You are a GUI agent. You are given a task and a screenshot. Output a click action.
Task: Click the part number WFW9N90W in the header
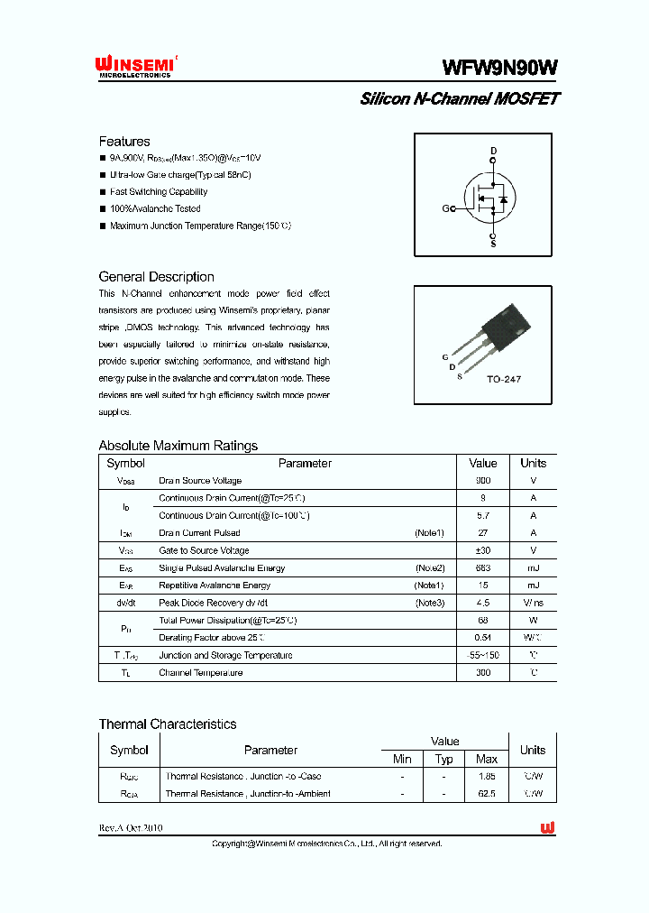click(x=499, y=68)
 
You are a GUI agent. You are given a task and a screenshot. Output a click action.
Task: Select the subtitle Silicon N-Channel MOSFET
click(x=459, y=99)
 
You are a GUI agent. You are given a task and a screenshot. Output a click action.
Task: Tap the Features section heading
click(x=124, y=142)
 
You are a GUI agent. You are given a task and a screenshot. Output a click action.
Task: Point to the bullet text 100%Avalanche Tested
click(x=155, y=208)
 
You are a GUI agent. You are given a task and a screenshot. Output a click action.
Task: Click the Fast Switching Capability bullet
click(x=159, y=192)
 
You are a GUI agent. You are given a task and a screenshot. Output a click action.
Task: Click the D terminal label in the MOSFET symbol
click(x=493, y=151)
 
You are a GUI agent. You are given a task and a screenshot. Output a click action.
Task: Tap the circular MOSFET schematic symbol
click(x=488, y=198)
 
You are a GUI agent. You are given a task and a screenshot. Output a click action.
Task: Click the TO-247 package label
click(x=503, y=379)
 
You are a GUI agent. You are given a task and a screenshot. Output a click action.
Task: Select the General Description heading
click(x=156, y=277)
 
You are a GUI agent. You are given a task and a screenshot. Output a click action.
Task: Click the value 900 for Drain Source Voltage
click(x=483, y=481)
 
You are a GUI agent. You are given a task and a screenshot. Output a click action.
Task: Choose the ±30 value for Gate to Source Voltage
click(x=483, y=550)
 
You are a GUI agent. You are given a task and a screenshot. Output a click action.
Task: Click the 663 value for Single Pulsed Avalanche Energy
click(x=483, y=568)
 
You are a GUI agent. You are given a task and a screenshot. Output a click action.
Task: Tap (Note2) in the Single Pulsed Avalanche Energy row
click(x=429, y=568)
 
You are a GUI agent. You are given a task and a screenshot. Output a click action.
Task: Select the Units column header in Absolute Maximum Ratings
click(x=533, y=463)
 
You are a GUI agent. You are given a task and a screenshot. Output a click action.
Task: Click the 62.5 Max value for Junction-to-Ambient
click(x=487, y=794)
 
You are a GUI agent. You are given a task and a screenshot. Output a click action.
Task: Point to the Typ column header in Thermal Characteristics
click(x=443, y=760)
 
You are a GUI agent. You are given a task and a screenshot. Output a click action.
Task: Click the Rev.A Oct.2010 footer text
click(x=131, y=828)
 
